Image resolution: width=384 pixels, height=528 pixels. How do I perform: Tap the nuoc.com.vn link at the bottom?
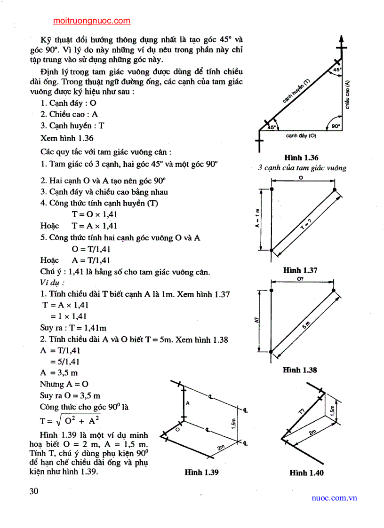tap(334, 498)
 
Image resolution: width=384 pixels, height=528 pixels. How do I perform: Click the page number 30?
tap(33, 491)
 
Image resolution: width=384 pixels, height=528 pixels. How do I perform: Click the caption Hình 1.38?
tap(300, 370)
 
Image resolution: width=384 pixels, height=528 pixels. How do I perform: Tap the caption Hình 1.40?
tap(306, 473)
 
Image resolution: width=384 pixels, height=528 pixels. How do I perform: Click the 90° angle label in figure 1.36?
tap(335, 126)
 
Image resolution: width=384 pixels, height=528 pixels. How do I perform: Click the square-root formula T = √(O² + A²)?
tap(70, 420)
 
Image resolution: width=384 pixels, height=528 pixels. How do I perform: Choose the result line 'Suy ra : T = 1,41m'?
tap(73, 328)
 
